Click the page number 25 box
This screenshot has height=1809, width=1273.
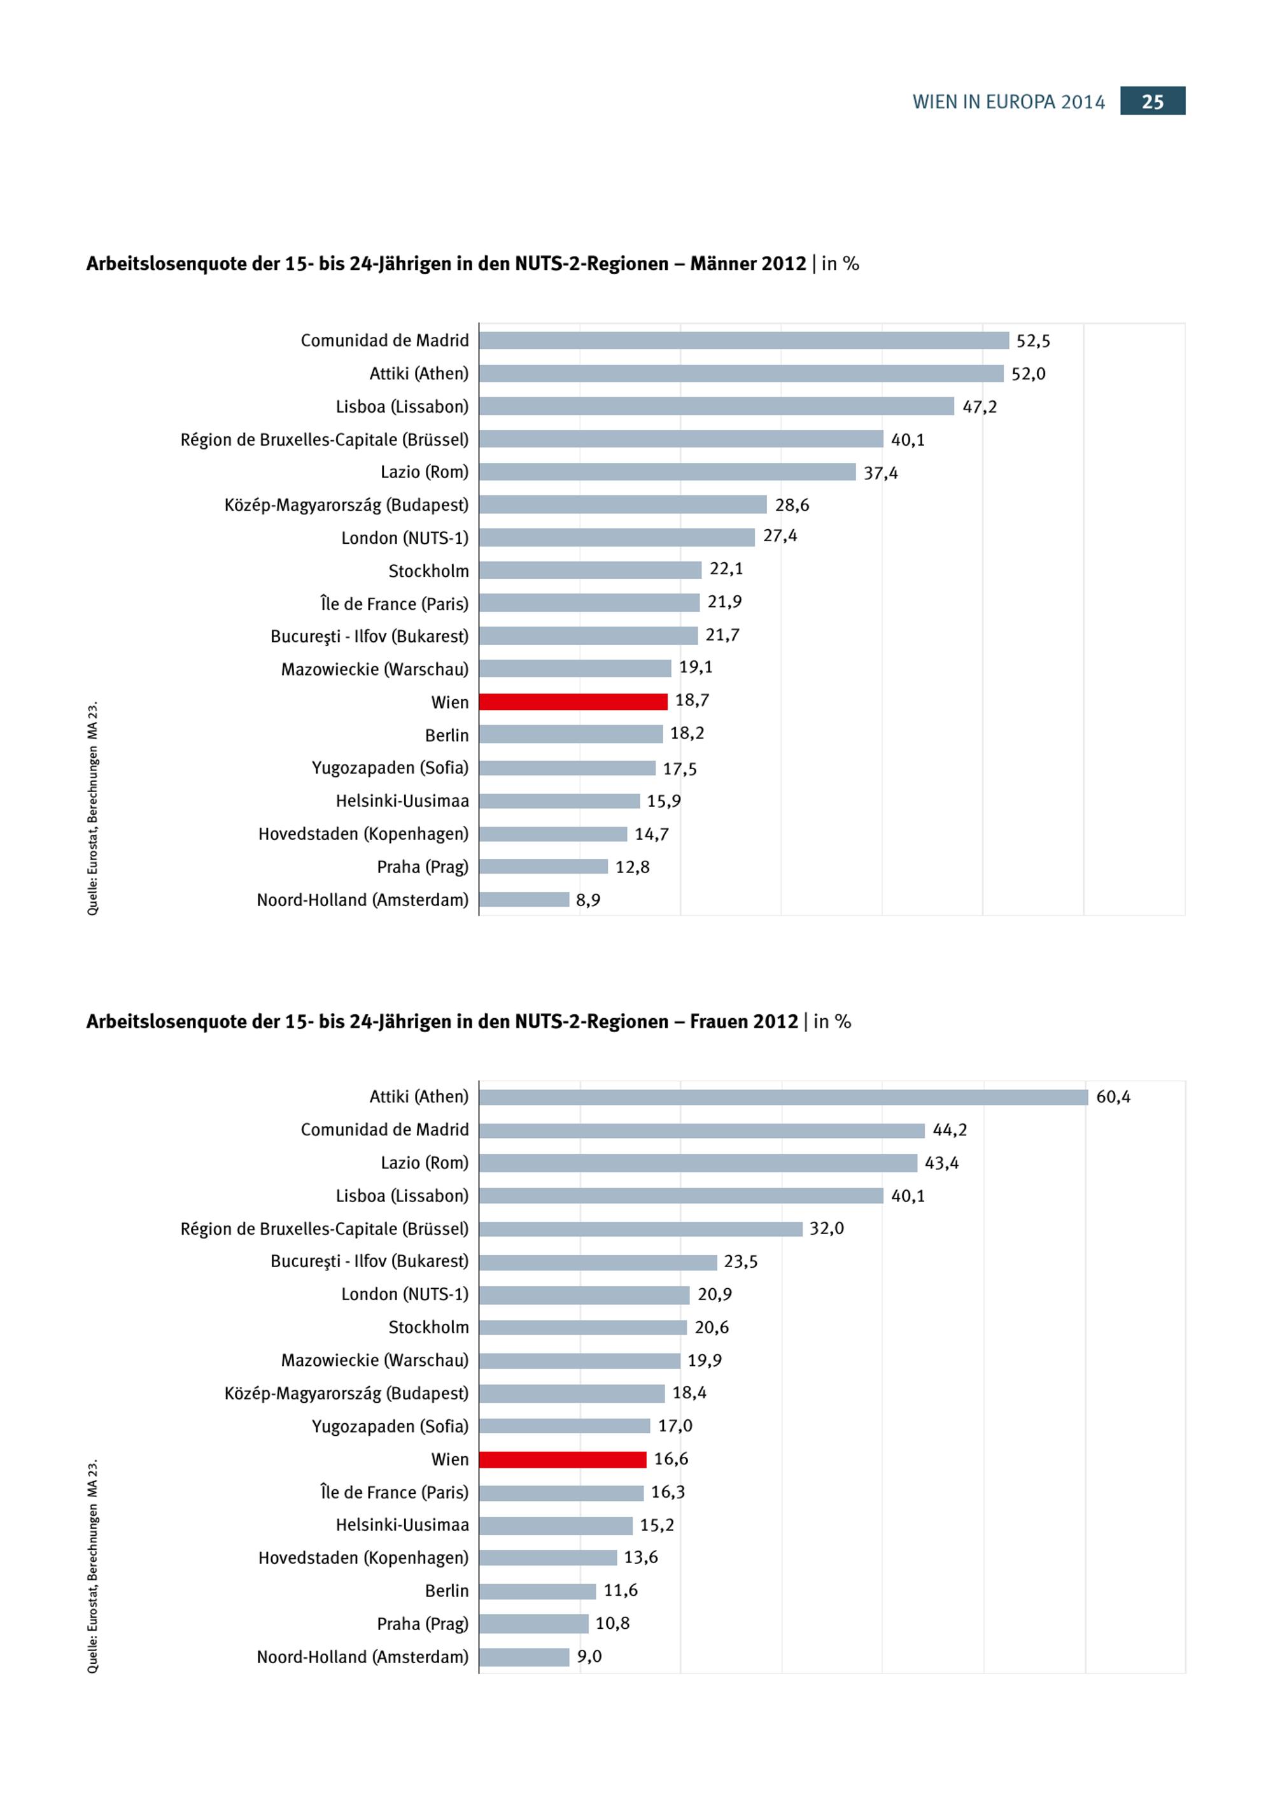(1153, 101)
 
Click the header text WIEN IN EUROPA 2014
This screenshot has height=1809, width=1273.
(1008, 103)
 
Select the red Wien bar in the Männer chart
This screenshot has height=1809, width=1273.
(573, 701)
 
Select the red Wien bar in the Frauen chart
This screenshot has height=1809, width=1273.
(563, 1459)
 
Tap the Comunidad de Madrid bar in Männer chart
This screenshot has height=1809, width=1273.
(743, 341)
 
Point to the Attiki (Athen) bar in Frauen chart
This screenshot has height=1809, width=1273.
(783, 1096)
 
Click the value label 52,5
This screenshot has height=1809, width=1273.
(1033, 341)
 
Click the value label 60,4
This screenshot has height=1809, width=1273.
(1113, 1096)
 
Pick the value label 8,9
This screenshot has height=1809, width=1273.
(587, 900)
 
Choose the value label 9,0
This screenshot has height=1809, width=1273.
(589, 1656)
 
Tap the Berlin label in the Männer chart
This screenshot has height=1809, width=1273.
(447, 735)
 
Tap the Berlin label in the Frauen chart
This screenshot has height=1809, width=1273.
(447, 1591)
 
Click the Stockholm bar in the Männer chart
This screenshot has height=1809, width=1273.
(590, 570)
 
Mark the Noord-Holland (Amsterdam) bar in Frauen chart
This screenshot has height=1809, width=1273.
(524, 1657)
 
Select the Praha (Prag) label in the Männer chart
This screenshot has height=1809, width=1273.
(422, 867)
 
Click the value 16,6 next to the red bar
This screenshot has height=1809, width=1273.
(670, 1458)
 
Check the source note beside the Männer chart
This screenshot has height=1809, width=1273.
(93, 807)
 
